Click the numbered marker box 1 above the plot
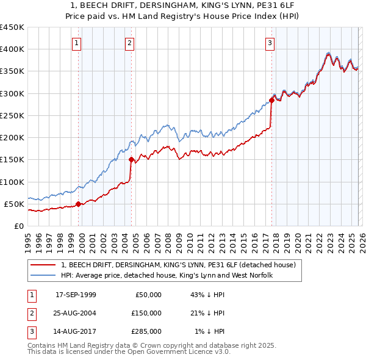[77, 43]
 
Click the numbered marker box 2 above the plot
[131, 43]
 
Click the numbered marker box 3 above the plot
[270, 43]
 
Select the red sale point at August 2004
[132, 159]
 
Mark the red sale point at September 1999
[78, 204]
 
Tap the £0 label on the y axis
[18, 226]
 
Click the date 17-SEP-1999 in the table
[76, 295]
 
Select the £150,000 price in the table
[146, 313]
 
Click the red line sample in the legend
[44, 265]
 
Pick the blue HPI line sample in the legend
[44, 275]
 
